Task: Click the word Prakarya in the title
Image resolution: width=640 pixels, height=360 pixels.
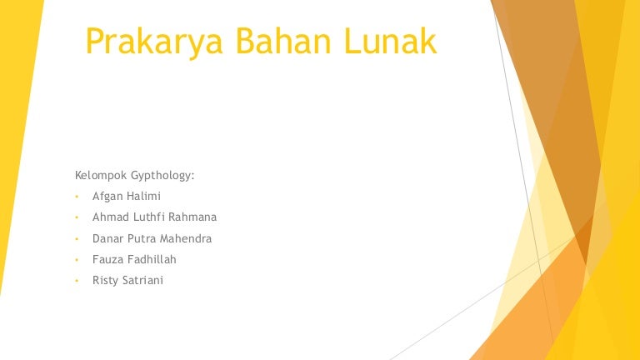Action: coord(154,42)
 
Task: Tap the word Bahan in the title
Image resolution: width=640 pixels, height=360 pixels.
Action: coord(283,40)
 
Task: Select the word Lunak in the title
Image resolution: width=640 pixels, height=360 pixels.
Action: coord(390,40)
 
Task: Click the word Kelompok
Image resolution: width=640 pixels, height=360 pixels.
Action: coord(101,176)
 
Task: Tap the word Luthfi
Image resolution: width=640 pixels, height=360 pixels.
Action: coord(148,217)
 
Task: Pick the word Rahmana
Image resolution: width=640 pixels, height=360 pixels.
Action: coord(192,217)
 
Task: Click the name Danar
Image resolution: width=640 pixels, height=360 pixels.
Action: coord(107,238)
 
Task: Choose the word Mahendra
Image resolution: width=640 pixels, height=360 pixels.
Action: coord(186,238)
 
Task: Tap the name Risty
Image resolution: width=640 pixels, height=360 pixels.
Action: coord(105,280)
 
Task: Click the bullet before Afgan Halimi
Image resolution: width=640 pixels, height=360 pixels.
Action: coord(77,197)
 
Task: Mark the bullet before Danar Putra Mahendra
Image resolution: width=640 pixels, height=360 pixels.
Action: coord(77,239)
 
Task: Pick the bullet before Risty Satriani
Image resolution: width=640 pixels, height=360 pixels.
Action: coord(77,281)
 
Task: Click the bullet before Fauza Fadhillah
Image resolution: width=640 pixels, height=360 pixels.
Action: coord(77,260)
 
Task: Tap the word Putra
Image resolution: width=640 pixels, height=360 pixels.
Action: coord(141,238)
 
